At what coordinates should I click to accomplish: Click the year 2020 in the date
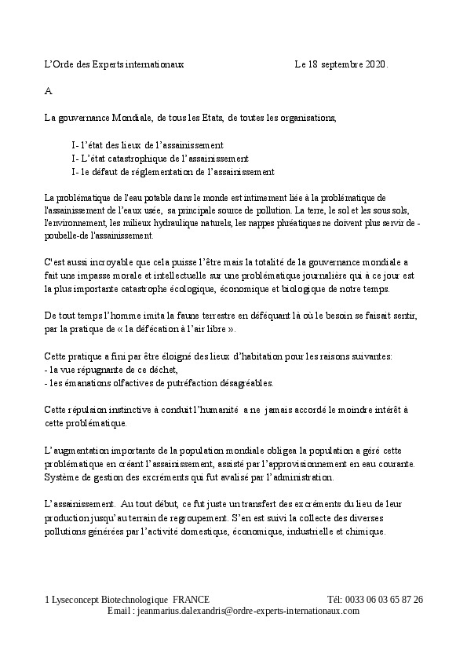(x=376, y=64)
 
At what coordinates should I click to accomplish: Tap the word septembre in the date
(x=341, y=64)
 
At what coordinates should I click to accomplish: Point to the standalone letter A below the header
(x=48, y=91)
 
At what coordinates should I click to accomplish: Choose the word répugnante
(x=107, y=370)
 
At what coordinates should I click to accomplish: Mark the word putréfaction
(x=188, y=382)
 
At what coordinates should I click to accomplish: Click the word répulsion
(x=90, y=410)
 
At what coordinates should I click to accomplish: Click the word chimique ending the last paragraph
(x=364, y=531)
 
